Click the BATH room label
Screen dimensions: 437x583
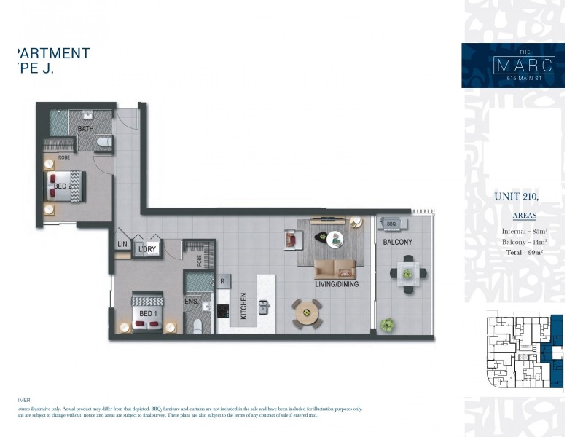85,129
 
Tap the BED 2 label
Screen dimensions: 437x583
62,186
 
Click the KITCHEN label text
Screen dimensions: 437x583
243,306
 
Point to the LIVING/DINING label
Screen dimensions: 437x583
335,286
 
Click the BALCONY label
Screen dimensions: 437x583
397,243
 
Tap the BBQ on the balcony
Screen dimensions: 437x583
391,224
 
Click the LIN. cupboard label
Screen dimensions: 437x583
122,245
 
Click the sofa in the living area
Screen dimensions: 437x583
335,269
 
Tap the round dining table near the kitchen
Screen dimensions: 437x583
307,313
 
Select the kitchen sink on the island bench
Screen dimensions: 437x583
263,307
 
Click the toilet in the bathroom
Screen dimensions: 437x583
103,141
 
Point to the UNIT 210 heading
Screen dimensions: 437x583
516,196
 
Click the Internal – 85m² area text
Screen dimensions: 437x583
525,232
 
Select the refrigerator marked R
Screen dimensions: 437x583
222,279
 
